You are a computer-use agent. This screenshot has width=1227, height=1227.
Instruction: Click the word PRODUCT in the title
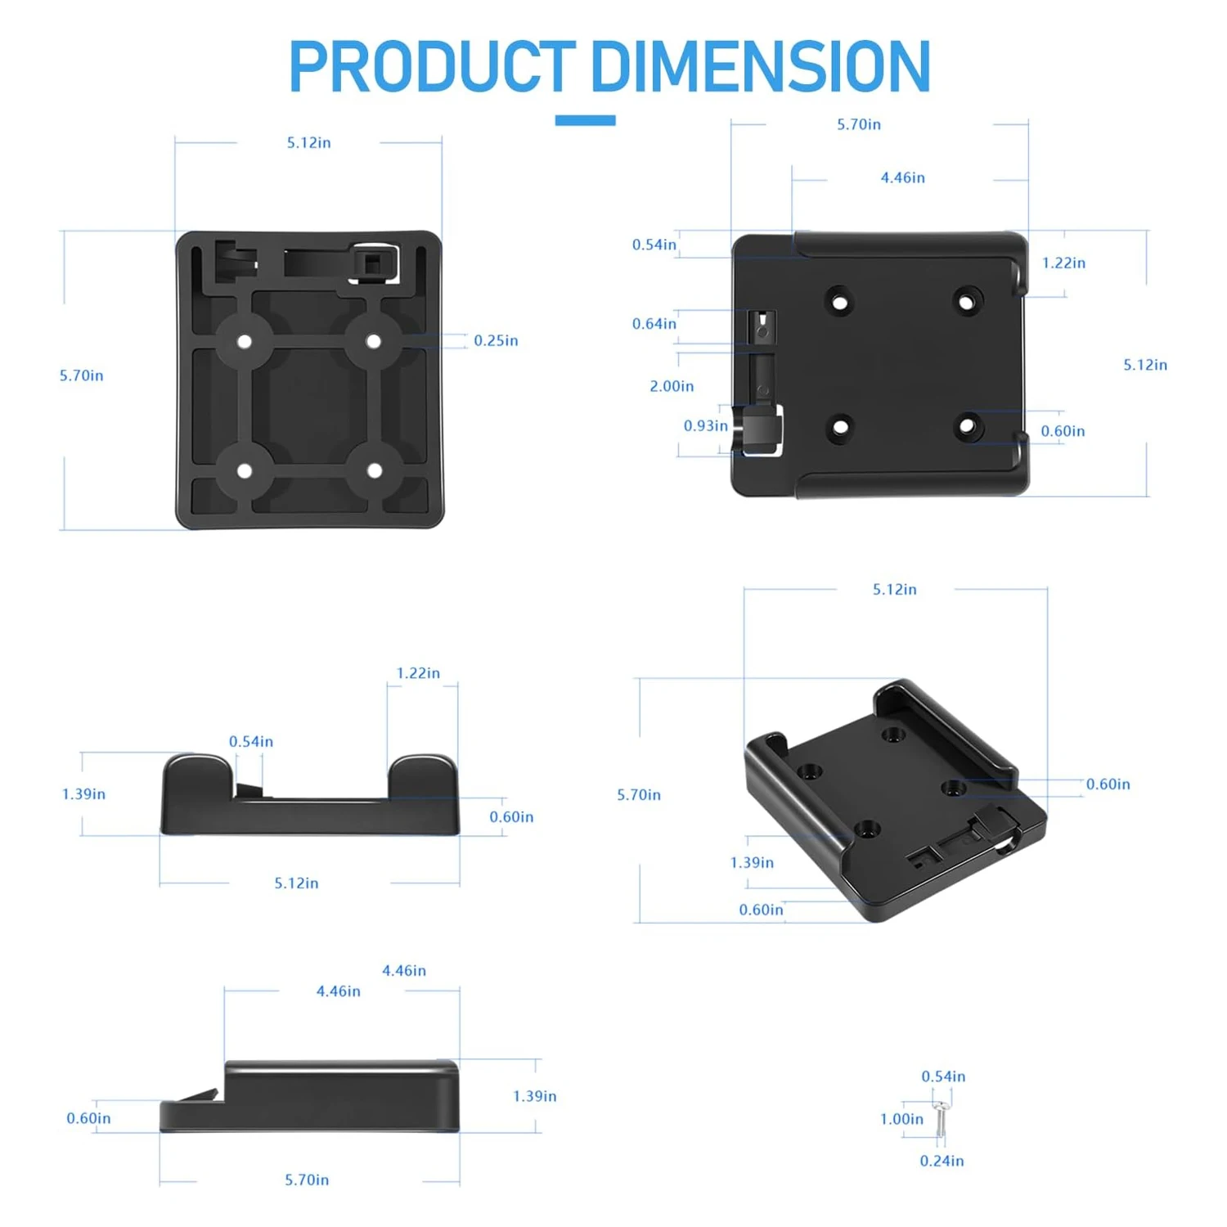pyautogui.click(x=432, y=66)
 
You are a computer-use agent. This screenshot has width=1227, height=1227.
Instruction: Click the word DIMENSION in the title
pyautogui.click(x=761, y=66)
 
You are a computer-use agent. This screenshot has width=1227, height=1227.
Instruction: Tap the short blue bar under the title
pyautogui.click(x=585, y=120)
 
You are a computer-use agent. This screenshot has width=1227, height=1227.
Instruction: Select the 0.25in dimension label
pyautogui.click(x=496, y=340)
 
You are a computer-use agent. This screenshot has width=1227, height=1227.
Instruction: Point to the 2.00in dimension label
pyautogui.click(x=672, y=386)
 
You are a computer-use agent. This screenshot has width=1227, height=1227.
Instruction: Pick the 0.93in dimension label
pyautogui.click(x=705, y=425)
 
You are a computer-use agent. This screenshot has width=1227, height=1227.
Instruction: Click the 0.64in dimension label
pyautogui.click(x=654, y=324)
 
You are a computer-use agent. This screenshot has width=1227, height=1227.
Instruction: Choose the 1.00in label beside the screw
pyautogui.click(x=901, y=1119)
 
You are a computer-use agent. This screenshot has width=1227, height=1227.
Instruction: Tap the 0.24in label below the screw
pyautogui.click(x=942, y=1161)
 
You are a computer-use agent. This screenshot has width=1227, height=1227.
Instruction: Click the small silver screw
pyautogui.click(x=941, y=1118)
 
